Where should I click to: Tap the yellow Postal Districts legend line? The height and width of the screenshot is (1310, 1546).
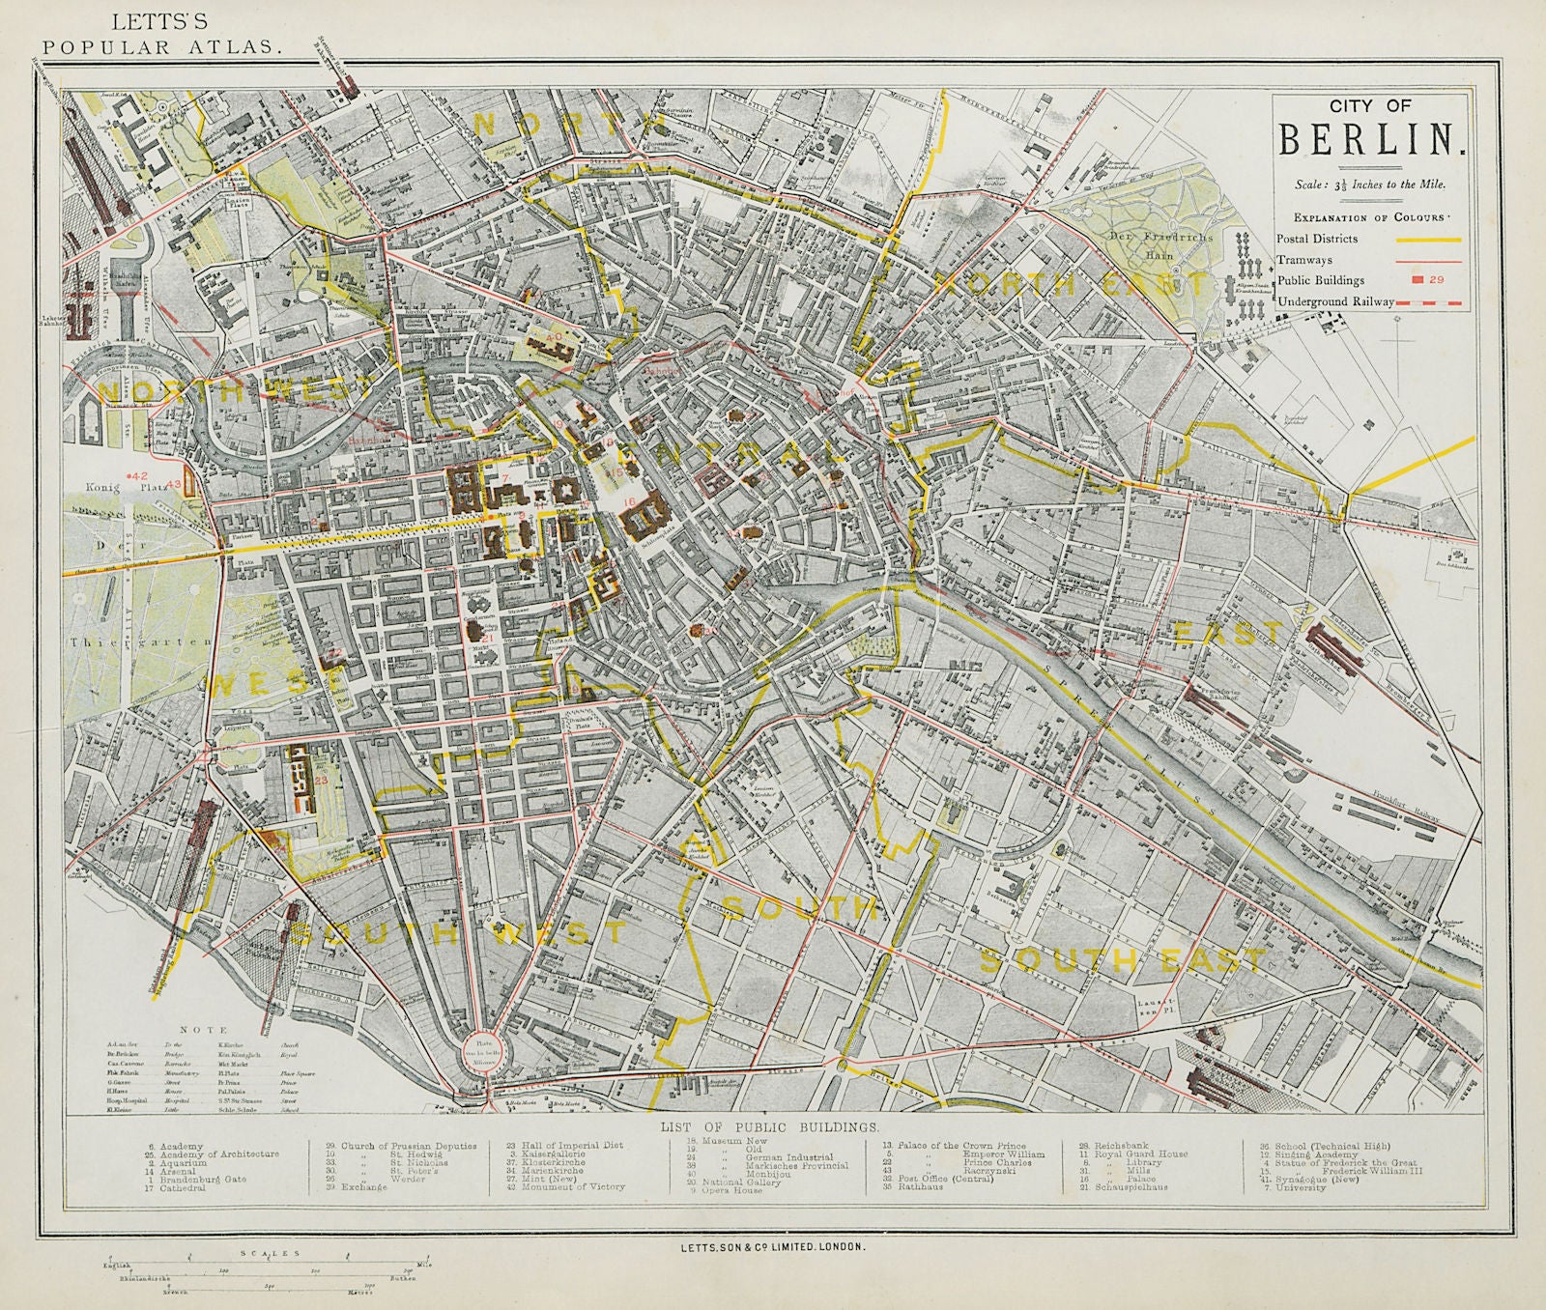click(1426, 239)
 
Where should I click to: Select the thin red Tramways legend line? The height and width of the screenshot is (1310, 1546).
click(1426, 259)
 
